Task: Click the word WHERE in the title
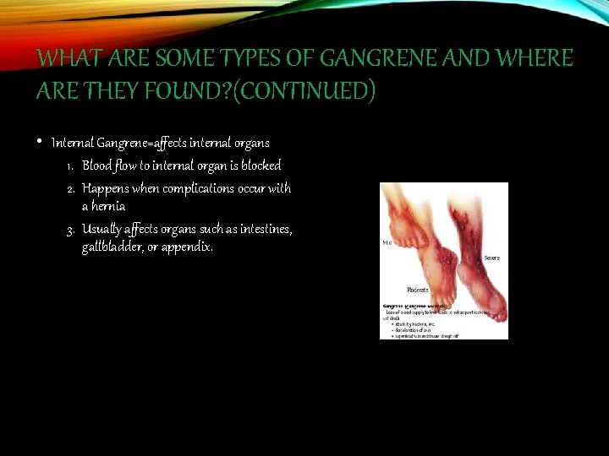click(535, 58)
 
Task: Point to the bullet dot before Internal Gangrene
click(41, 141)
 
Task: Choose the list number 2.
click(71, 188)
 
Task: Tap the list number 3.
click(71, 229)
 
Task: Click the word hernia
click(103, 206)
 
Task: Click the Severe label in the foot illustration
click(492, 257)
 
